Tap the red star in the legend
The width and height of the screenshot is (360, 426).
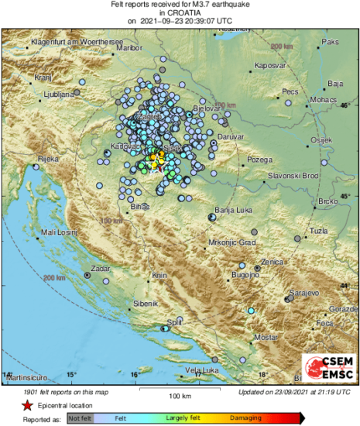15,405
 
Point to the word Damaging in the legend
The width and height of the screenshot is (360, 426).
237,418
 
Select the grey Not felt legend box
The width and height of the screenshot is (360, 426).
78,418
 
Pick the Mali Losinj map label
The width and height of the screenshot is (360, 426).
60,232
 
